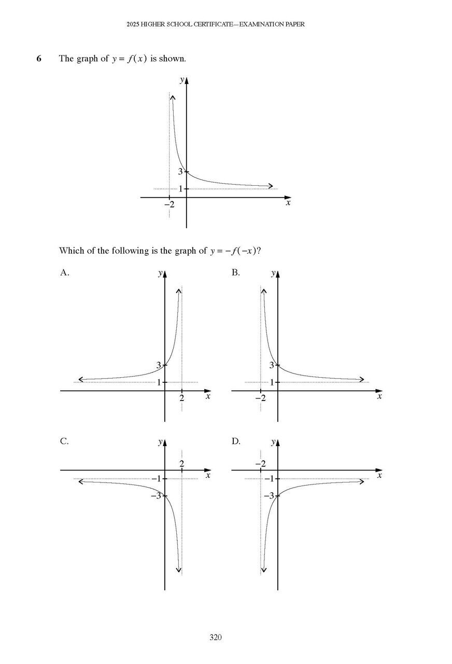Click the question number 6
point(39,59)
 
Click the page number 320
point(216,638)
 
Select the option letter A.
point(64,272)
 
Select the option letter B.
point(235,272)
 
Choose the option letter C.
point(64,441)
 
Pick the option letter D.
point(236,441)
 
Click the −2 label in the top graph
point(169,204)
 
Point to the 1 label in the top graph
point(181,189)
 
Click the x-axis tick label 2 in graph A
point(181,398)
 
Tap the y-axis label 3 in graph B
point(272,365)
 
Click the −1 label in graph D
point(268,478)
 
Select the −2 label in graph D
point(260,463)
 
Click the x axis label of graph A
point(208,397)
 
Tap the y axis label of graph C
point(161,442)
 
